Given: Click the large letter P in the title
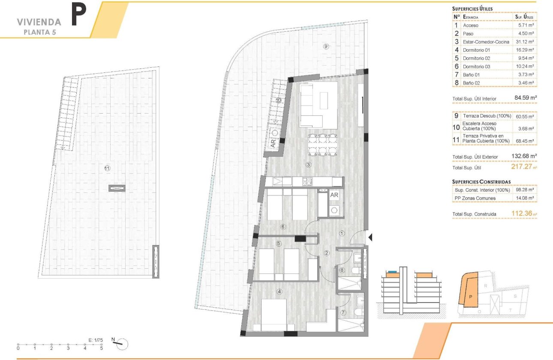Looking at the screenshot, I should click(80, 16).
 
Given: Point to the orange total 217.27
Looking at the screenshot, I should click(523, 167).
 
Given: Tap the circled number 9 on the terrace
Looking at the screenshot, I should click(326, 47).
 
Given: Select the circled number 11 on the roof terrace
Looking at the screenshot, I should click(107, 168).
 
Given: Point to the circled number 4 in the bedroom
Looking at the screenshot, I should click(280, 292).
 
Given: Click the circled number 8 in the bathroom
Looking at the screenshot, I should click(342, 270).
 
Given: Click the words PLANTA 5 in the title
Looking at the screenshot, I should click(39, 32).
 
